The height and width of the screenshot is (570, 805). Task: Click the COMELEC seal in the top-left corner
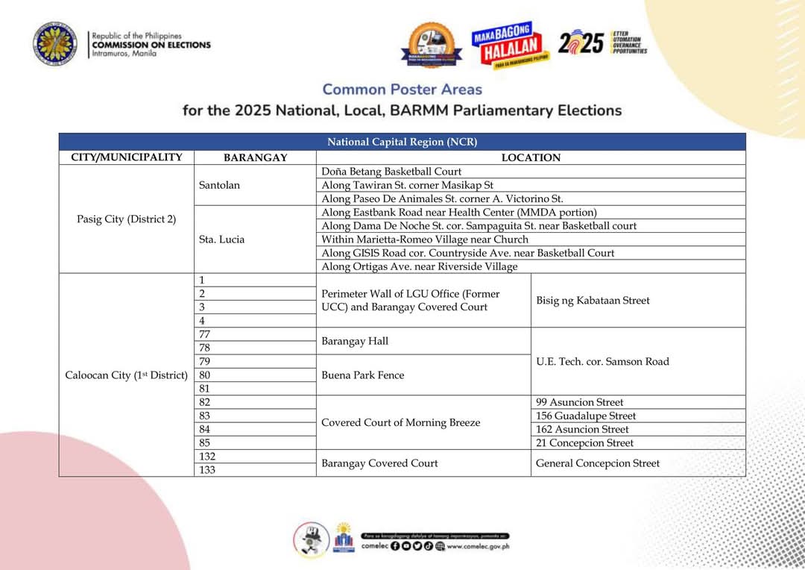point(54,44)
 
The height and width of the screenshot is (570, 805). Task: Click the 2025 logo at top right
point(581,43)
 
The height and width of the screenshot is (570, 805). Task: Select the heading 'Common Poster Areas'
point(402,90)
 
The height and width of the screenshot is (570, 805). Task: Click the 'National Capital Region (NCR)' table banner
point(402,142)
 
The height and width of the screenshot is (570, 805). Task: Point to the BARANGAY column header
point(255,158)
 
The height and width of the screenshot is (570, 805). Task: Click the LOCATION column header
point(531,158)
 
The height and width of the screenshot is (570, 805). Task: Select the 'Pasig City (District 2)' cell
point(127,219)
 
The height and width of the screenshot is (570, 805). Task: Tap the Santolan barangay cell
point(220,185)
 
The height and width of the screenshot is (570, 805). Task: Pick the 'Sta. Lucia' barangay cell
point(222,239)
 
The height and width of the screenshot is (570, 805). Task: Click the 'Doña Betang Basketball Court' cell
point(391,172)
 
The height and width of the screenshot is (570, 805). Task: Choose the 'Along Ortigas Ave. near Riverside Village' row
point(419,266)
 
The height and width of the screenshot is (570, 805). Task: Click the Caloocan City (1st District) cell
point(127,375)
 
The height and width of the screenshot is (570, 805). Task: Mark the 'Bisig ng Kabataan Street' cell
point(593,301)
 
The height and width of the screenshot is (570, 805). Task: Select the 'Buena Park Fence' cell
point(363,375)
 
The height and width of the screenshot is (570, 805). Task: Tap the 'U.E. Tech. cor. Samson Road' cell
point(602,362)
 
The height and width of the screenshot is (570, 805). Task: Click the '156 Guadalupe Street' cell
point(586,416)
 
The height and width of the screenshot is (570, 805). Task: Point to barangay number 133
point(207,470)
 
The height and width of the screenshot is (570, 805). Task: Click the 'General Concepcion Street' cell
point(598,463)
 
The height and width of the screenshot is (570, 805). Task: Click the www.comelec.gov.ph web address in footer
point(478,545)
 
